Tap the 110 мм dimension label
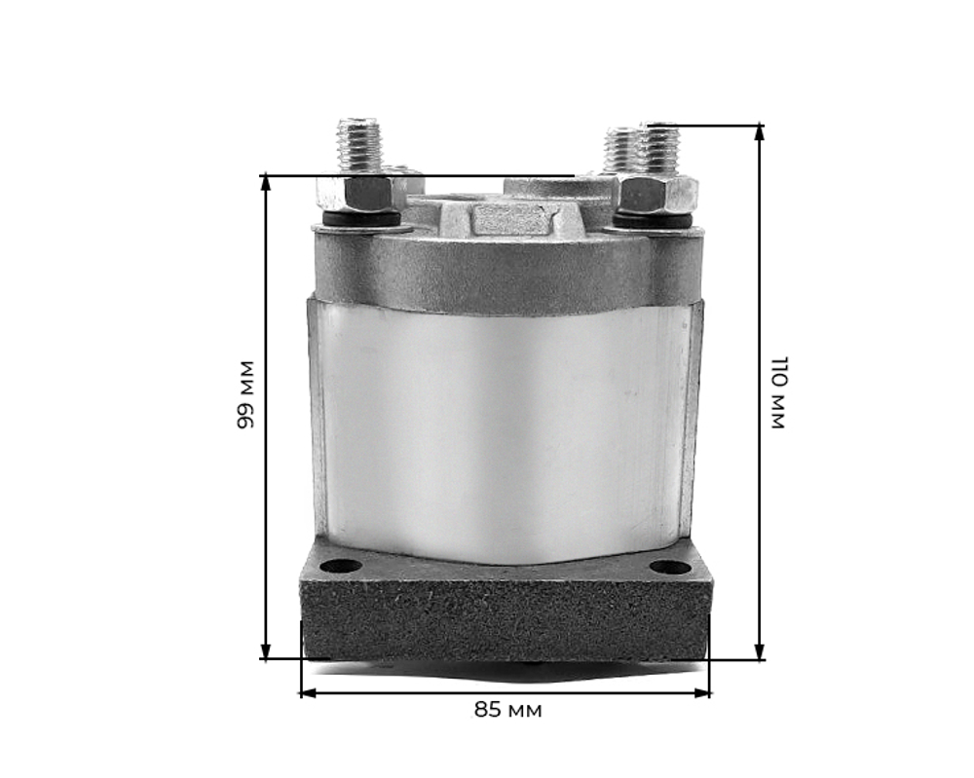coord(778,392)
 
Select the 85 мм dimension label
coord(507,710)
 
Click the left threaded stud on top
coord(359,147)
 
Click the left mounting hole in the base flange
coord(341,566)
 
